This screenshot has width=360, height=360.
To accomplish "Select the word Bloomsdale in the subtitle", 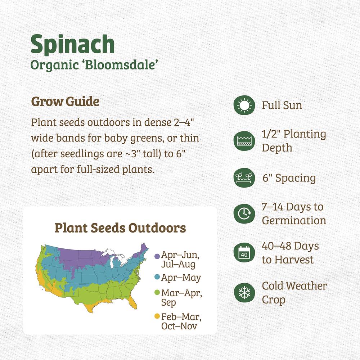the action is click(120, 65).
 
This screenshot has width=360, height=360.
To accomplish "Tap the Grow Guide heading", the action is click(65, 102).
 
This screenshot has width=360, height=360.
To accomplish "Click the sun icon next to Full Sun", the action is click(244, 105).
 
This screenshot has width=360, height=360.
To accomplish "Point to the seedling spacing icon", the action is click(244, 178).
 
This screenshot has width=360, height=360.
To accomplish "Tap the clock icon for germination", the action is click(244, 213).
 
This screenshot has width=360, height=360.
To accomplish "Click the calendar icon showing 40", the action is click(244, 253).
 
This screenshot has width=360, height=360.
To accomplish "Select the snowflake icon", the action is click(244, 293).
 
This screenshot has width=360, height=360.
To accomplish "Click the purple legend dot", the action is click(157, 256).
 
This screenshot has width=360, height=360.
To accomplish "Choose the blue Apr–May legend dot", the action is click(157, 277).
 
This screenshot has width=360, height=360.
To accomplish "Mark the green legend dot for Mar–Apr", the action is click(157, 292).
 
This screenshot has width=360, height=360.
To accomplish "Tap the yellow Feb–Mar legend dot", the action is click(157, 316).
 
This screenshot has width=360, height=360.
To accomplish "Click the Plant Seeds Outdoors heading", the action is click(120, 228).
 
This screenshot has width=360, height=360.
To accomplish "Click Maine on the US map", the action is click(144, 248).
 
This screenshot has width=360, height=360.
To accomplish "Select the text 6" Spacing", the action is click(289, 178).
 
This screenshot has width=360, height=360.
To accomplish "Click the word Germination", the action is click(294, 221).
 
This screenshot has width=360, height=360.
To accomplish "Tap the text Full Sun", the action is click(282, 105).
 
